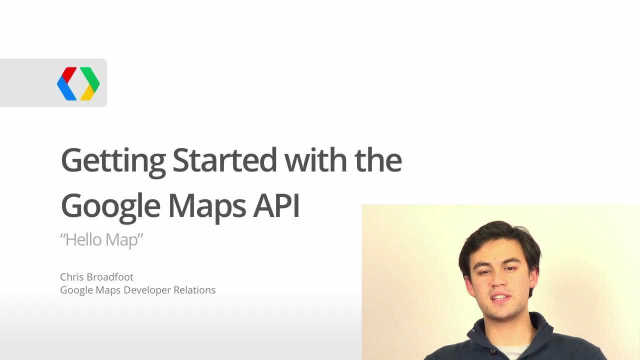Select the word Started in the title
coord(224,160)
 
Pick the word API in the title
coord(276,205)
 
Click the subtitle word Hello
coord(84,239)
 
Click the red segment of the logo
coord(68,74)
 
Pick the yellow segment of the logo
coord(87,93)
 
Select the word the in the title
coord(378,160)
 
